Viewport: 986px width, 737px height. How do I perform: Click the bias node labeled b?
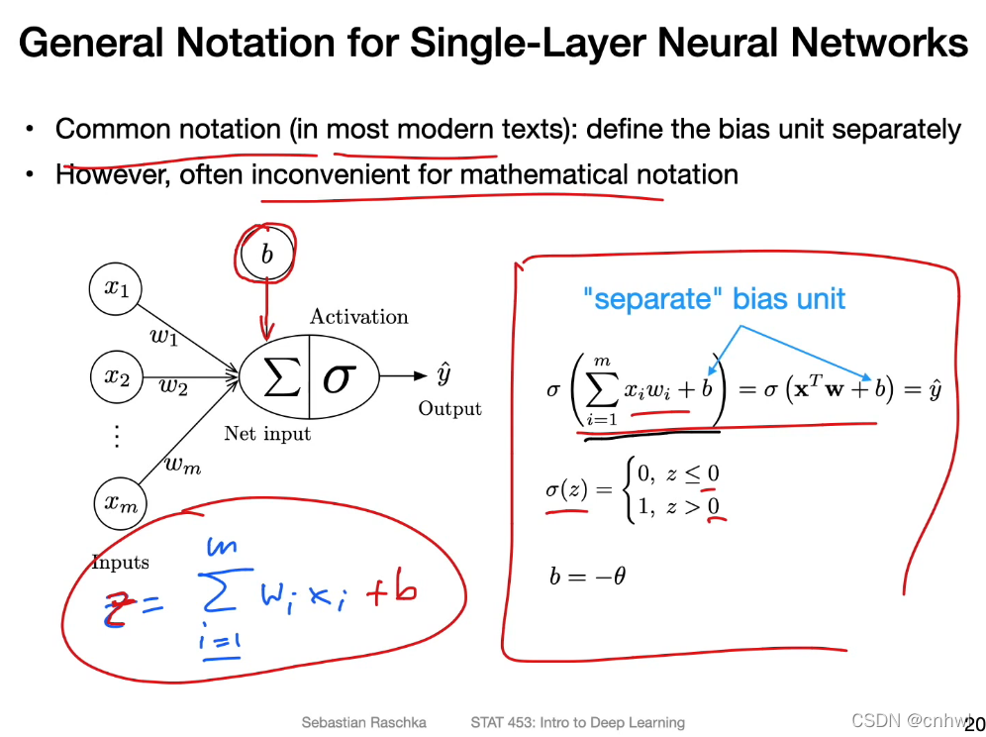[265, 254]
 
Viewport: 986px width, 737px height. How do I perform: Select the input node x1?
[116, 288]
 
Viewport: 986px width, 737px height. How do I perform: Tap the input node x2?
[116, 377]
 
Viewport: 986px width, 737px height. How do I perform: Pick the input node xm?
[120, 503]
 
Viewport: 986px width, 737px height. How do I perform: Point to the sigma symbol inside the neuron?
[338, 378]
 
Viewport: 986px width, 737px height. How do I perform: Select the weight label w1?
[163, 336]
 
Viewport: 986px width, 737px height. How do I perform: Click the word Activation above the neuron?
[358, 317]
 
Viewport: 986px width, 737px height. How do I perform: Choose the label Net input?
[267, 434]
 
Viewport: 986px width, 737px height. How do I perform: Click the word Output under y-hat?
[449, 409]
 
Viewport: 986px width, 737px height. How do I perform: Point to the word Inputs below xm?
[120, 563]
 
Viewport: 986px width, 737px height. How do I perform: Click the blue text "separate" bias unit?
[714, 298]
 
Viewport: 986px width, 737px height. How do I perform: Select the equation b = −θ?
[587, 576]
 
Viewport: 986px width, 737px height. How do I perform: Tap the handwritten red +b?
[391, 591]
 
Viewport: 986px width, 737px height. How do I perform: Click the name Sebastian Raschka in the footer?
[364, 722]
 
